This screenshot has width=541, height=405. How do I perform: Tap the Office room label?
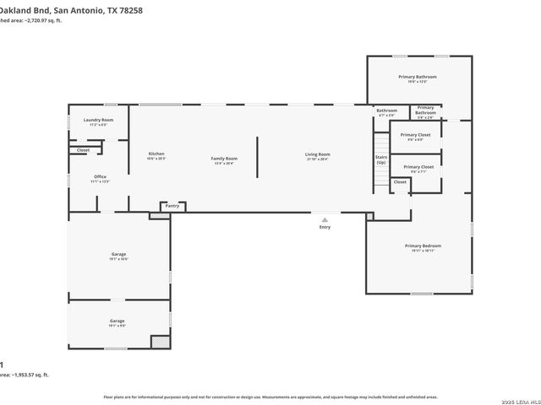coord(101,178)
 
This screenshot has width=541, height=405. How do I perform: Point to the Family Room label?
coord(224,159)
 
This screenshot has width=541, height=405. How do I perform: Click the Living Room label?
coord(318,155)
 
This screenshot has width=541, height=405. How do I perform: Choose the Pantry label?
coord(172,206)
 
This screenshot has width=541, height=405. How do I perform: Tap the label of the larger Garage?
coord(118,255)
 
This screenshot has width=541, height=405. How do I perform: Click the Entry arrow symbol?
coord(325,219)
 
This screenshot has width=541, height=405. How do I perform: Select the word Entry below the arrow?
coord(325,227)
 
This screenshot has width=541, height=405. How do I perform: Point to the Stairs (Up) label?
coord(381,159)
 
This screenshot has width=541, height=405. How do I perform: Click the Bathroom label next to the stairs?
coord(386,111)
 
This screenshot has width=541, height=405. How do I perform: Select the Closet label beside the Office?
coord(83,150)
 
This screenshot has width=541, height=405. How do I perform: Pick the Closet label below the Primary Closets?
coord(400,181)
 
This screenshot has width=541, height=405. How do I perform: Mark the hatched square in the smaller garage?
coord(160,342)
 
